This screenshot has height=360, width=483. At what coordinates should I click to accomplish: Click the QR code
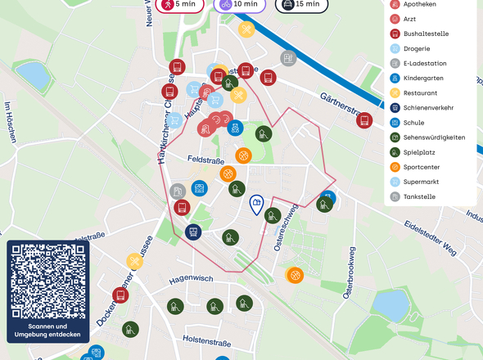coord(47,282)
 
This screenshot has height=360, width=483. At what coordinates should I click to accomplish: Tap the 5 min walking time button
coord(179,4)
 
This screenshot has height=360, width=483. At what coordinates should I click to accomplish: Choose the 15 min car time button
coord(300,4)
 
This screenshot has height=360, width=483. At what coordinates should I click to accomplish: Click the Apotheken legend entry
coord(419,4)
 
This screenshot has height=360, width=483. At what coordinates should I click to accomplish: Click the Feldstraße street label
coord(205,159)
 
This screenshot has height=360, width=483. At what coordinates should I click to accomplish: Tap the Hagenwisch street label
coord(191,279)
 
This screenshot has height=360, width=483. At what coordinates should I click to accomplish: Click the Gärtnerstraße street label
coord(347,103)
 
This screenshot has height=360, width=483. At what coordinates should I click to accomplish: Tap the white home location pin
coord(256,205)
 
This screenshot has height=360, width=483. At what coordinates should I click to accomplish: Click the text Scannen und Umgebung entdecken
coord(47,330)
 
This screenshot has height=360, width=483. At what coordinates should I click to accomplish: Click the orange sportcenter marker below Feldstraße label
coord(228,173)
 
